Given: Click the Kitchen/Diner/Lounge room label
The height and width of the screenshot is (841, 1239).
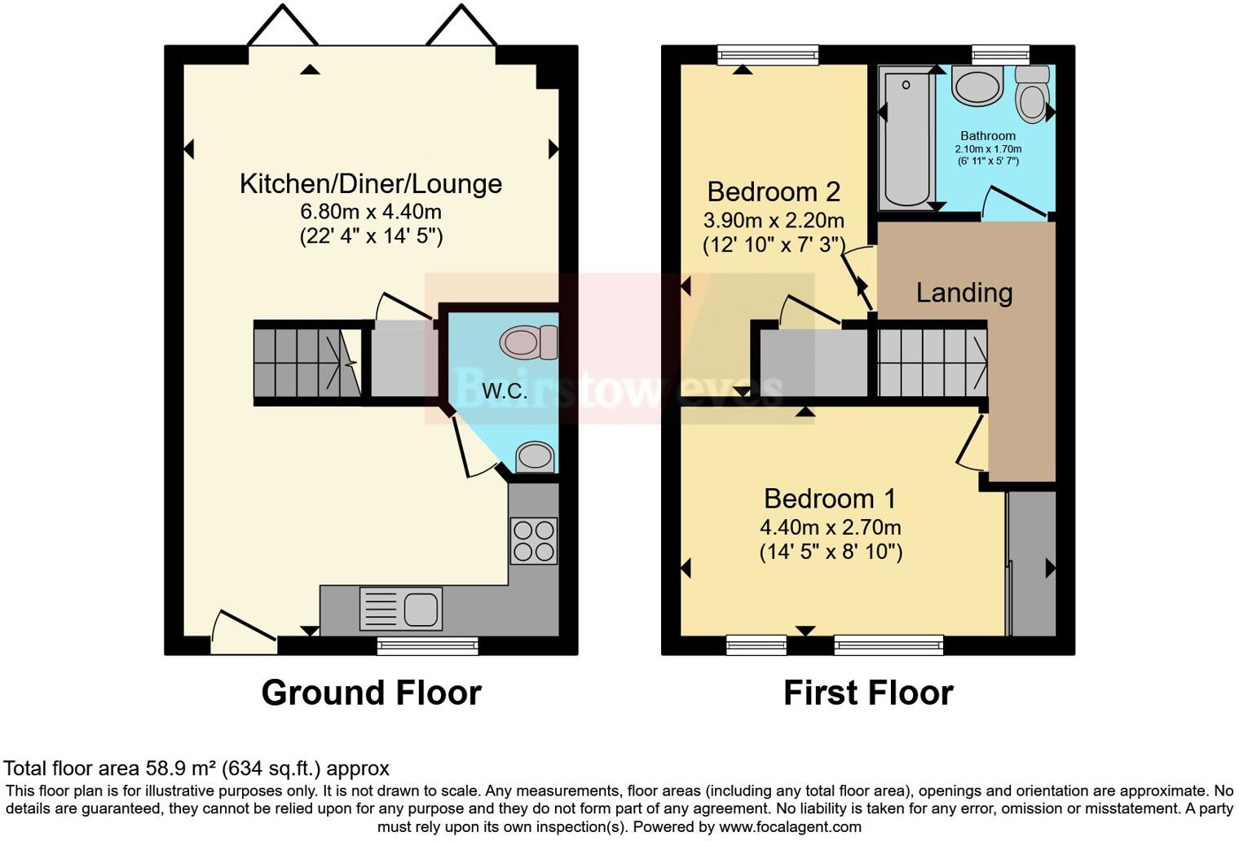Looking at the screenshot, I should [370, 183].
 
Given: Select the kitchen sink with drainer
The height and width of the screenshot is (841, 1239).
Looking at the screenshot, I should [401, 608].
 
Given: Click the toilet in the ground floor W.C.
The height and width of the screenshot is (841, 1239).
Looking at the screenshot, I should [529, 342].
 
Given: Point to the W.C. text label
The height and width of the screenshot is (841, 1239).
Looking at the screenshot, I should [505, 391].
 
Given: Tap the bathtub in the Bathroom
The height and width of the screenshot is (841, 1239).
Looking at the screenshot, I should [906, 139].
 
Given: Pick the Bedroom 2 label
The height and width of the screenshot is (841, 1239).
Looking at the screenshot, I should [774, 192].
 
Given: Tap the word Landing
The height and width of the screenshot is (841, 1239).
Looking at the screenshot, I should [964, 293].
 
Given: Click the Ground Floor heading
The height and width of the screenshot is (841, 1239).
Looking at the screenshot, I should [371, 693].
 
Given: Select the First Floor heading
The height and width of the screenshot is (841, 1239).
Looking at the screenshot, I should [868, 693].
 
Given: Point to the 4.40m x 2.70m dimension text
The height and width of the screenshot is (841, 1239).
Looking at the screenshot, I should [830, 527].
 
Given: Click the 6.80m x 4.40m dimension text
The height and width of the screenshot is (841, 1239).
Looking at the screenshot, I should [371, 212].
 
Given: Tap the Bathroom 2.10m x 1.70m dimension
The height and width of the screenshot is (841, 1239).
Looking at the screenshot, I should [988, 149].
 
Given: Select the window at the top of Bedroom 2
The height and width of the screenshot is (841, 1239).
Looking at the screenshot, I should [768, 55].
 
